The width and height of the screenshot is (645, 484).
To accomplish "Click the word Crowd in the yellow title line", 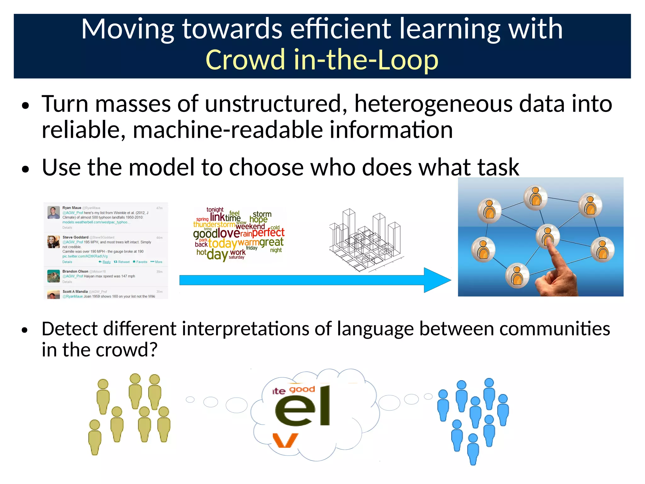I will point(245,60).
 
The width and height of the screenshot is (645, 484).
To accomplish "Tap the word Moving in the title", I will point(128,29).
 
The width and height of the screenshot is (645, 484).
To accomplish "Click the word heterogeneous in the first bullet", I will point(433,104).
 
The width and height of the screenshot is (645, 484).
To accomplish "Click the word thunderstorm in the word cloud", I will point(214,225).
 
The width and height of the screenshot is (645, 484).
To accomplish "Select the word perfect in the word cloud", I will point(268,233).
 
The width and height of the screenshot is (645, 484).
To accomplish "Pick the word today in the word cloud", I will point(222,243).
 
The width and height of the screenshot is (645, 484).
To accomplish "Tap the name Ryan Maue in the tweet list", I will point(72,208).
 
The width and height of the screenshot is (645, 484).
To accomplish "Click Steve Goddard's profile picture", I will point(54,242).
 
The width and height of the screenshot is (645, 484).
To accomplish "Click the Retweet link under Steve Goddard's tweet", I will point(122,262).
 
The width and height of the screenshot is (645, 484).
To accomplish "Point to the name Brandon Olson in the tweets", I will point(75,271).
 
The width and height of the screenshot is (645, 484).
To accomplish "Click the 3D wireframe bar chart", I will point(365,240).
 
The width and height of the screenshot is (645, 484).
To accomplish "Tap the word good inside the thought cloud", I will point(302,389).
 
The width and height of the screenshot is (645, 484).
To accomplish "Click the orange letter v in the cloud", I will point(285,440).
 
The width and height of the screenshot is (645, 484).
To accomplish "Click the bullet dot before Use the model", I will point(26,169).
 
